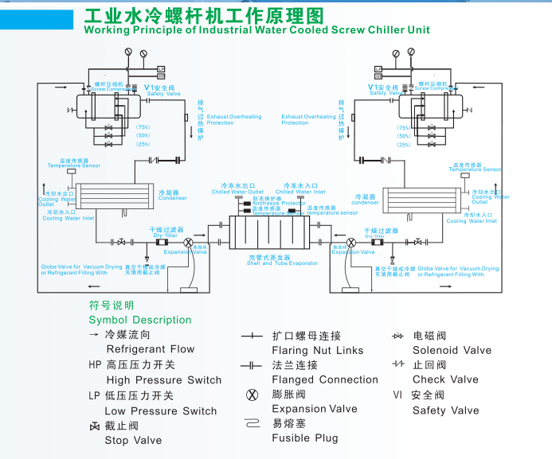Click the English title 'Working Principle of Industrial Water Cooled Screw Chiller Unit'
pyautogui.click(x=256, y=29)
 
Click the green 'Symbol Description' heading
pyautogui.click(x=140, y=320)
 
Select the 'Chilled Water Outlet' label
pyautogui.click(x=237, y=192)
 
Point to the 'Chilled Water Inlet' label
pyautogui.click(x=300, y=192)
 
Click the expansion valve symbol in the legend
pyautogui.click(x=253, y=395)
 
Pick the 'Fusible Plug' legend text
pyautogui.click(x=305, y=438)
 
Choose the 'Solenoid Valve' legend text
pyautogui.click(x=452, y=350)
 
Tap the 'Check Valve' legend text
pyautogui.click(x=445, y=379)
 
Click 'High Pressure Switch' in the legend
pyautogui.click(x=163, y=380)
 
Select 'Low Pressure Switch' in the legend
pyautogui.click(x=161, y=411)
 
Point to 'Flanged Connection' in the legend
pyautogui.click(x=325, y=379)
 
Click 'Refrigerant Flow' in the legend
pyautogui.click(x=150, y=349)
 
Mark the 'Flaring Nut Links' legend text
pyautogui.click(x=318, y=350)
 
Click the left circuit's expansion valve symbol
pyautogui.click(x=189, y=242)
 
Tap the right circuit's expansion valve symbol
pyautogui.click(x=351, y=242)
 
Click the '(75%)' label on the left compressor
pyautogui.click(x=143, y=127)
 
